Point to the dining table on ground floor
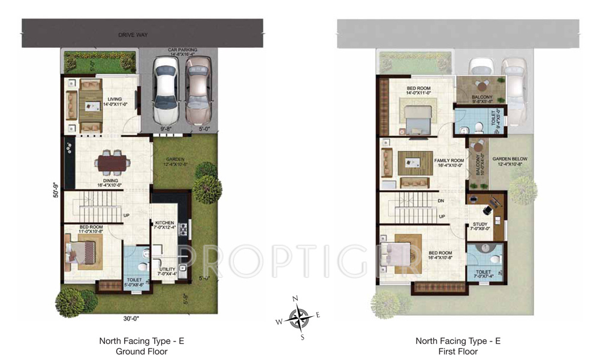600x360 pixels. pos(111,162)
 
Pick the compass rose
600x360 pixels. pos(299,317)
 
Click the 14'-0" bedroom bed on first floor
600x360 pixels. pos(415,117)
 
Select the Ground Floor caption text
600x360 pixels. pos(141,351)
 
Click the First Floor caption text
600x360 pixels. pos(458,351)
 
